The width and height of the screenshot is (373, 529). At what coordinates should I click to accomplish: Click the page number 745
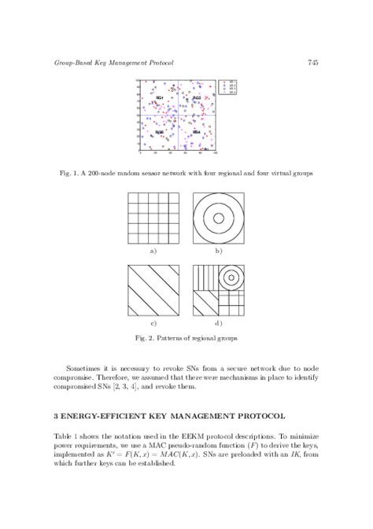[312, 62]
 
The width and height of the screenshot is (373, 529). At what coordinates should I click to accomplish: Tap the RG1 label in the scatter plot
[160, 97]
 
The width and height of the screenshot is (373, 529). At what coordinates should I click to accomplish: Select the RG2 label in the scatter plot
[197, 97]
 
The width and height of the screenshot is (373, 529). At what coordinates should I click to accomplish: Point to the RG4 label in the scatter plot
[197, 131]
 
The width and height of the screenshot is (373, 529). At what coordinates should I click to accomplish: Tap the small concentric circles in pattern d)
[231, 277]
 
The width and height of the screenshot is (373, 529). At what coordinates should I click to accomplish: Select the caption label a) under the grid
[153, 251]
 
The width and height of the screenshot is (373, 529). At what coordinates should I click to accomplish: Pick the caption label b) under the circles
[219, 251]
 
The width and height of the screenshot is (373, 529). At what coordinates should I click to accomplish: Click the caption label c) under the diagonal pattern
[153, 322]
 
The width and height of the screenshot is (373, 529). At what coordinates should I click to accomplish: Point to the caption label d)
[219, 322]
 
